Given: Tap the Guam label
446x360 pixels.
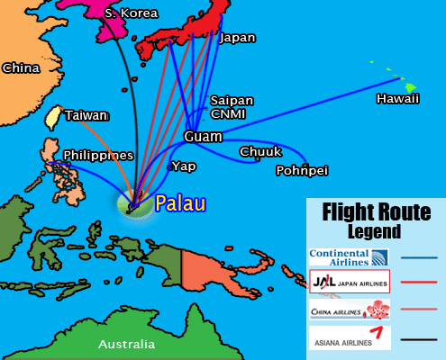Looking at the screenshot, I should click(203, 137).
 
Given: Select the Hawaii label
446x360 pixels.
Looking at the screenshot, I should click(398, 98).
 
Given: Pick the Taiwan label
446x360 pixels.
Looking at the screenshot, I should click(86, 115).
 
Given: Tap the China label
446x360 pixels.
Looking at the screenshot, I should click(21, 67).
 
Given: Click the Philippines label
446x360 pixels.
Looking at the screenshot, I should click(98, 155).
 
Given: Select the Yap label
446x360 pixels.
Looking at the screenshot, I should click(183, 166).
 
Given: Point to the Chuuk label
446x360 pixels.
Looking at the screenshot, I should click(261, 152).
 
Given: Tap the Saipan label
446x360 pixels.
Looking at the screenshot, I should click(232, 100).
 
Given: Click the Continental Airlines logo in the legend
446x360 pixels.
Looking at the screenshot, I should click(349, 257).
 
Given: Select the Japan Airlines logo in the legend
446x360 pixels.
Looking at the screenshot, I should click(349, 283).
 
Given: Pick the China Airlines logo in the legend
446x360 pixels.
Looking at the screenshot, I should click(349, 310).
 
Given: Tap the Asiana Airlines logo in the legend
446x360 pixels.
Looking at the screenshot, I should click(349, 337).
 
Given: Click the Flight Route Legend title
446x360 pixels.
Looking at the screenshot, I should click(374, 220).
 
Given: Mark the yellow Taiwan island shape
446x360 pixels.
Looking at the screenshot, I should click(54, 118).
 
